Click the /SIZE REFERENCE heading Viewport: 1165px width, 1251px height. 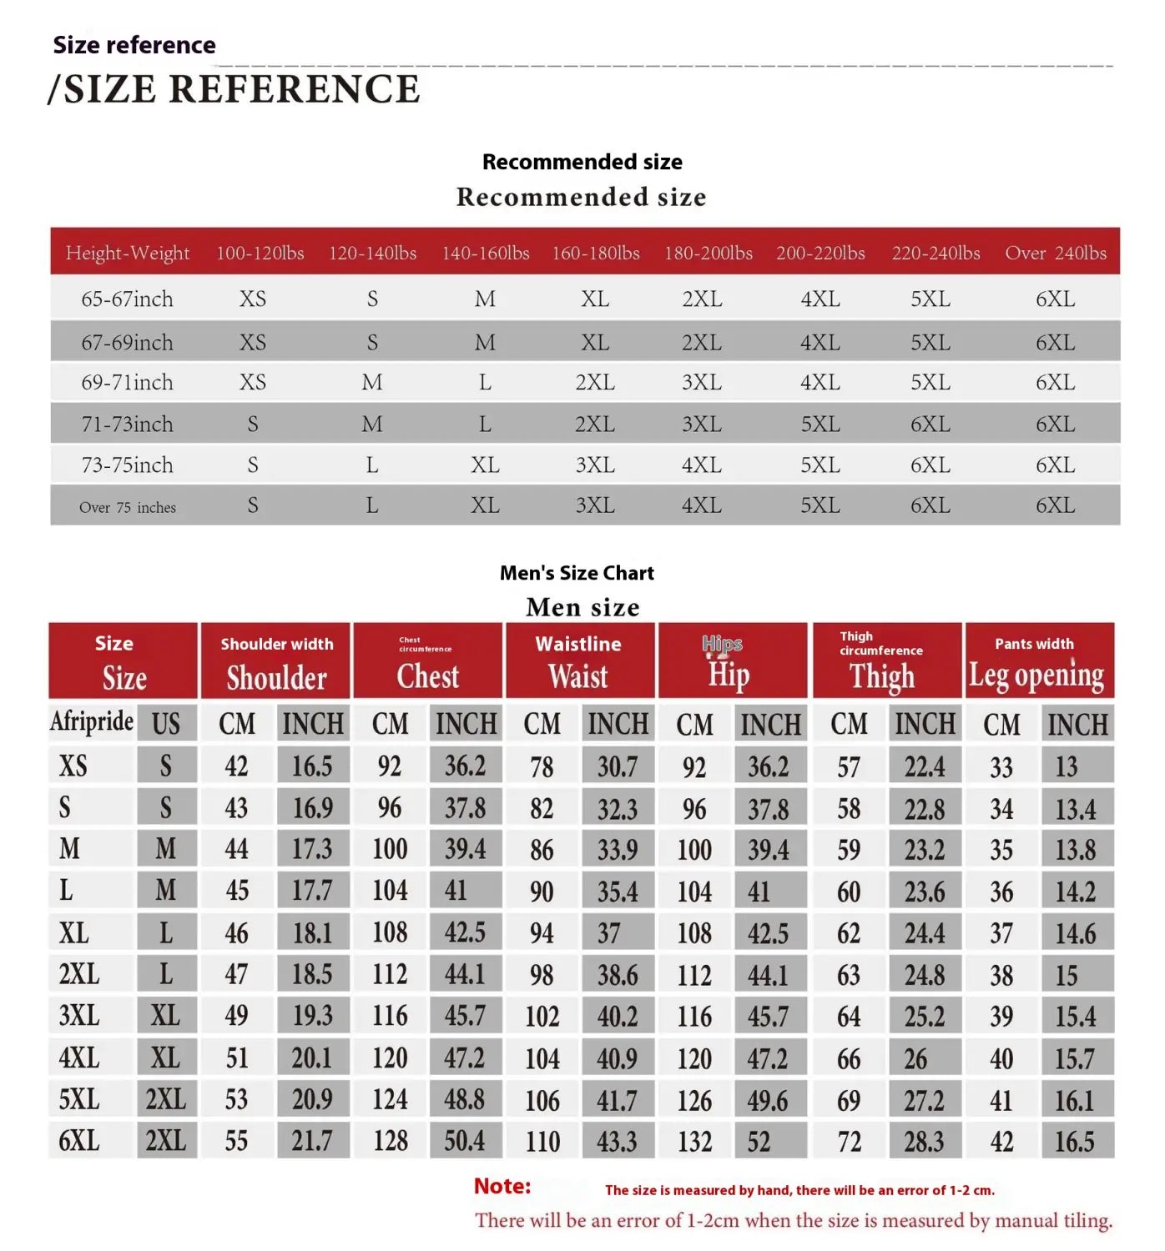click(x=234, y=89)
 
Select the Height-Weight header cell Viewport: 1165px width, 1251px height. click(x=128, y=253)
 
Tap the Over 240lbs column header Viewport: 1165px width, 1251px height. click(x=1056, y=253)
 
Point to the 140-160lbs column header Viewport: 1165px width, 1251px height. click(x=486, y=253)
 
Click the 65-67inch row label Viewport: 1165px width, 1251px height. click(x=127, y=299)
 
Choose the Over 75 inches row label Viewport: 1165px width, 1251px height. click(x=128, y=507)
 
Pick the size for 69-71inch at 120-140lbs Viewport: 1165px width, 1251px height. click(x=372, y=382)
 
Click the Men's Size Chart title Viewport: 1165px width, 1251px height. click(x=577, y=573)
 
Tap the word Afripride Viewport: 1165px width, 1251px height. click(x=92, y=721)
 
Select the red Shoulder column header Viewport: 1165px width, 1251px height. click(x=276, y=661)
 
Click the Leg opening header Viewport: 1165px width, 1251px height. click(x=1036, y=674)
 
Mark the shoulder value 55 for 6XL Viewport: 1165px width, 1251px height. click(x=236, y=1140)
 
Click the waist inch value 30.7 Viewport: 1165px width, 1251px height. click(x=617, y=766)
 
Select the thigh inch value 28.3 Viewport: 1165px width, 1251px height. click(x=924, y=1141)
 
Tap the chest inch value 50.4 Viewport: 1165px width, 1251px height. click(x=465, y=1140)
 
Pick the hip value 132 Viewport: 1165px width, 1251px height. click(x=694, y=1141)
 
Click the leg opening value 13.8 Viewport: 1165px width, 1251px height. click(x=1076, y=850)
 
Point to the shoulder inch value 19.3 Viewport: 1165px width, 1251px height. click(x=312, y=1016)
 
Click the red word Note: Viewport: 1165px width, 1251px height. click(x=502, y=1186)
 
